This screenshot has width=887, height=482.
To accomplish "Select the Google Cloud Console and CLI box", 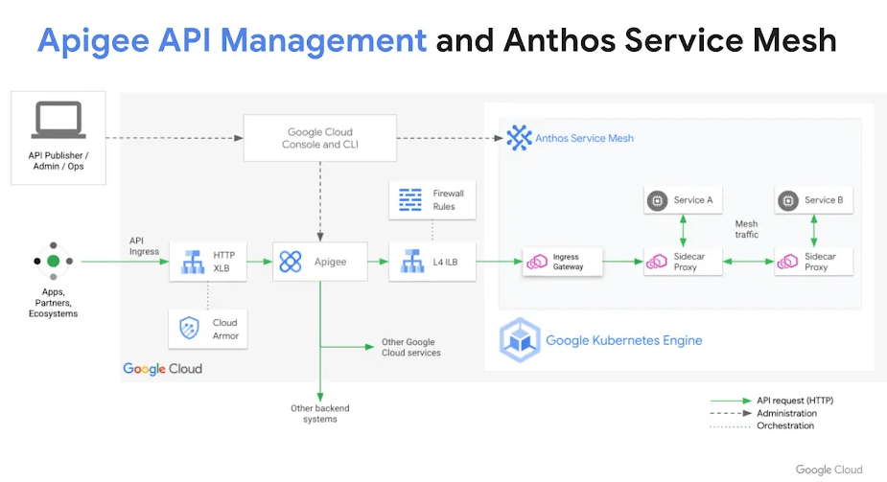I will coord(319,138).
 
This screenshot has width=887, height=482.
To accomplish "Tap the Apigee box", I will coord(320,261).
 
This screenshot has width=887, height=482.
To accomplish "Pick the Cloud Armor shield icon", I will coord(188,330).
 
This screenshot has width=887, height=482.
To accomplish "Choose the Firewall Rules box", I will coord(432,199).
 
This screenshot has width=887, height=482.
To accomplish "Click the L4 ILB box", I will coord(432,261).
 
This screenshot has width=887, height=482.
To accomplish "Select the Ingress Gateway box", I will coord(563,261).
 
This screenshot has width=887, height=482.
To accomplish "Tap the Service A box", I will coord(681,200).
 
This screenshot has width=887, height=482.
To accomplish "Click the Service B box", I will coord(812,200).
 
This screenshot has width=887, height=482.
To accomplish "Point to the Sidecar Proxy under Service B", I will coord(812,261).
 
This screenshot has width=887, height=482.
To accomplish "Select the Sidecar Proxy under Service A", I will coord(681,261).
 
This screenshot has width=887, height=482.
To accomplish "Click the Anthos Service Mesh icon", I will coord(519,138).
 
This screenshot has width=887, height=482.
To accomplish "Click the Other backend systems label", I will coord(319,413).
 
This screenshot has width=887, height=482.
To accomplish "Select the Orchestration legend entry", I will coord(784,425).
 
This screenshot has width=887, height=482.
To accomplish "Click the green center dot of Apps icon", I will coord(54,261).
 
